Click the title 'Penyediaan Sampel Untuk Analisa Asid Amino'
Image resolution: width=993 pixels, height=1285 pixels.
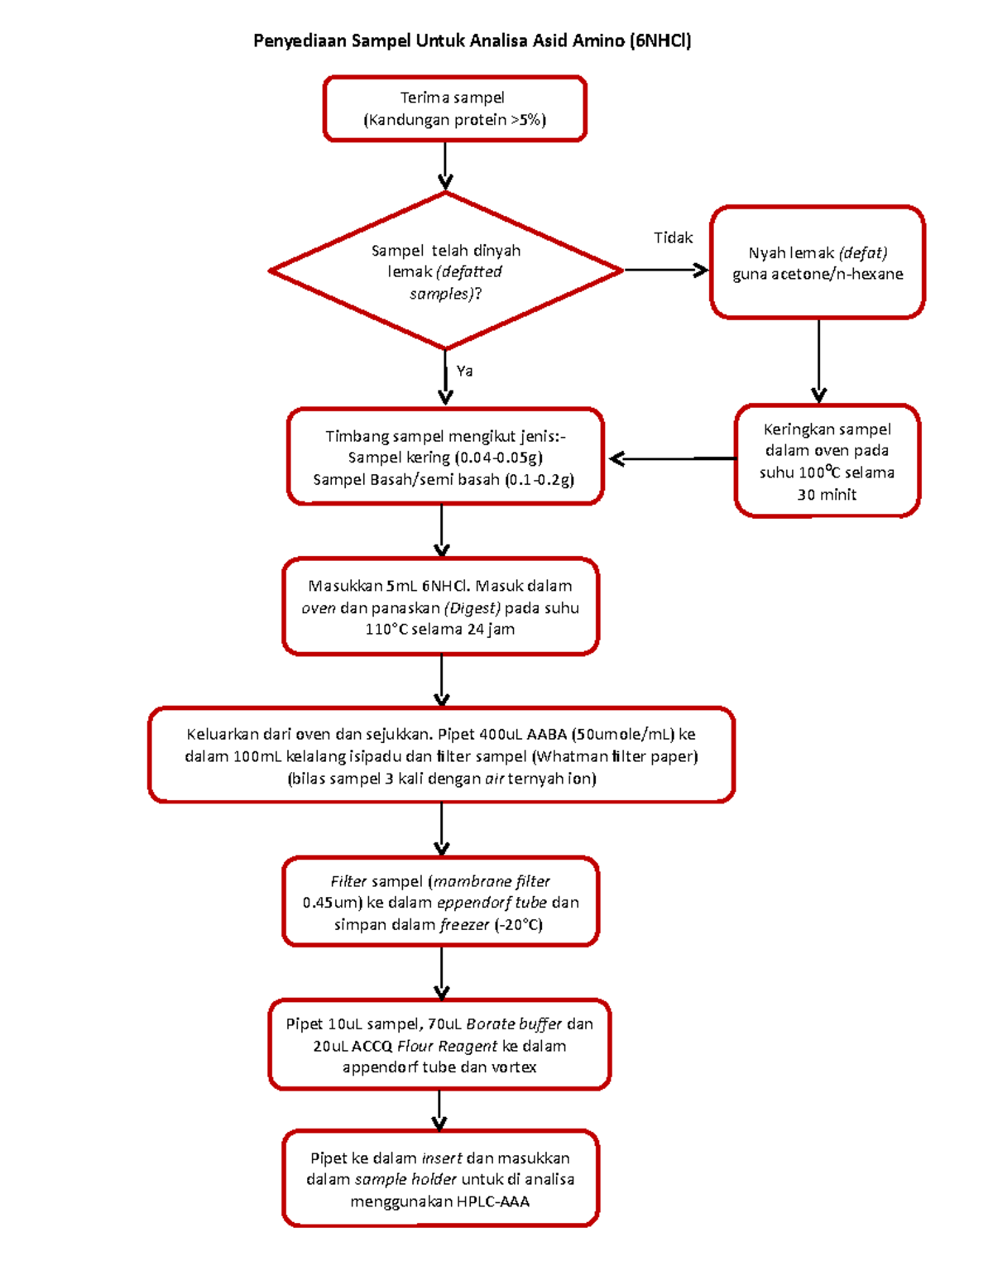pyautogui.click(x=472, y=41)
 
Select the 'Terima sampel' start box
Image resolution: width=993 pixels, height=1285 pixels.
pyautogui.click(x=454, y=108)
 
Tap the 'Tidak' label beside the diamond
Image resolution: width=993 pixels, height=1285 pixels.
pyautogui.click(x=673, y=238)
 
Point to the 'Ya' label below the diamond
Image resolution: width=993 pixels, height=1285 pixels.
pyautogui.click(x=464, y=371)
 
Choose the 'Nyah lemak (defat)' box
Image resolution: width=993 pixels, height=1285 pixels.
pyautogui.click(x=817, y=262)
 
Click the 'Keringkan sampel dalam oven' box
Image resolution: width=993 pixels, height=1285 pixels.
pyautogui.click(x=827, y=461)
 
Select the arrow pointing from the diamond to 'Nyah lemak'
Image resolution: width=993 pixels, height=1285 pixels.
pyautogui.click(x=665, y=270)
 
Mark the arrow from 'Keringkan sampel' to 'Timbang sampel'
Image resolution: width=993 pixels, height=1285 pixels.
pyautogui.click(x=670, y=458)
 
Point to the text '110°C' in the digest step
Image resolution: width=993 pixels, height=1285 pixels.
pyautogui.click(x=386, y=630)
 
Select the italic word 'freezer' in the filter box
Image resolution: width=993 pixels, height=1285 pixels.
pyautogui.click(x=464, y=925)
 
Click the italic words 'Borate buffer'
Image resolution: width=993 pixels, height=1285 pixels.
pyautogui.click(x=513, y=1024)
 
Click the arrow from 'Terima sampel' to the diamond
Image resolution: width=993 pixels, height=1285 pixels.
pyautogui.click(x=445, y=166)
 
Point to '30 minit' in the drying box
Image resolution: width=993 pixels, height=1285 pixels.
pyautogui.click(x=826, y=495)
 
